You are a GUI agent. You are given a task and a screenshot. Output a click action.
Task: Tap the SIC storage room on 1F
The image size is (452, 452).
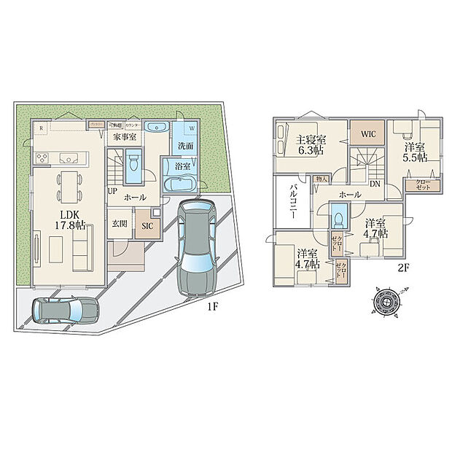pyautogui.click(x=146, y=226)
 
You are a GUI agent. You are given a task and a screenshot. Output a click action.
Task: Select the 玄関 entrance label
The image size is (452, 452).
pyautogui.click(x=119, y=225)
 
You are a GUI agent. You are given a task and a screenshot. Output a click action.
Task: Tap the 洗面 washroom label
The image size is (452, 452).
pyautogui.click(x=185, y=146)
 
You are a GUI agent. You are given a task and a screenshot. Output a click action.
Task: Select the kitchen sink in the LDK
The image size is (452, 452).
pyautogui.click(x=69, y=157)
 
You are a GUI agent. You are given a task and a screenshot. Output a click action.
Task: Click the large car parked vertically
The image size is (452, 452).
pyautogui.click(x=195, y=246)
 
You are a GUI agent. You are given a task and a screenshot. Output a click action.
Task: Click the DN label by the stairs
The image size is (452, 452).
pyautogui.click(x=373, y=184)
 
